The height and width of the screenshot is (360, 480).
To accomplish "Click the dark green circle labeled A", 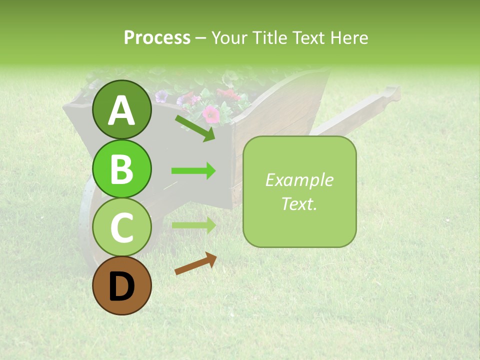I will (122, 109).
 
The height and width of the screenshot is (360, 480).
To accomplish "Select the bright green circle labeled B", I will (122, 168).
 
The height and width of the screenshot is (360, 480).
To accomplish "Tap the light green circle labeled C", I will (122, 227).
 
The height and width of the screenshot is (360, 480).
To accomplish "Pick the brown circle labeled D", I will (122, 286).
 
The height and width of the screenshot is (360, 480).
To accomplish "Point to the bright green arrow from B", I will (193, 171).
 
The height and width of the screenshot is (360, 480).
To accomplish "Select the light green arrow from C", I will (193, 225).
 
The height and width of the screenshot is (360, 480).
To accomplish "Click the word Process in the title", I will (157, 37).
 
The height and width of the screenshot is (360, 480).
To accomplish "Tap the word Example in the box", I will (299, 180).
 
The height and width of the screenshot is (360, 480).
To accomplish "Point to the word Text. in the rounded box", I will (299, 203).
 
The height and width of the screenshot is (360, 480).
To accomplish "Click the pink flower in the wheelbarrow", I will (211, 114).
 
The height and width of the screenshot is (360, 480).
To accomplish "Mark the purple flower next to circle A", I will (161, 96).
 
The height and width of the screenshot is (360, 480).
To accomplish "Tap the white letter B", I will (122, 169).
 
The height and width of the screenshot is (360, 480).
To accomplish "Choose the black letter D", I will (122, 286).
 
